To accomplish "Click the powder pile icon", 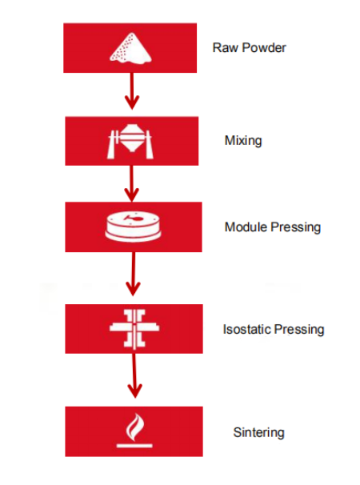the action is pos(131,49).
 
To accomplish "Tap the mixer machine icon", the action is pos(130,142).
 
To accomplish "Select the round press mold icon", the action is pos(133,226).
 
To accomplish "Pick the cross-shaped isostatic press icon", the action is pos(134,328).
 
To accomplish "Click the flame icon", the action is pos(134,431).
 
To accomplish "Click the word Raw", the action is pos(225,48).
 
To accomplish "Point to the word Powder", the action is pos(264,48).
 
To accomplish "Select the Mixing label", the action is pos(243,141).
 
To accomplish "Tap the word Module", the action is pos(246,226).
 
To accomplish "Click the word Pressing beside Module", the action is pos(296,227).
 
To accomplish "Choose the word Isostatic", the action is pos(247,329).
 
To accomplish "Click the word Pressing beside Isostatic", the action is pos(299,330).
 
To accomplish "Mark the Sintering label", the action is pos(259,433).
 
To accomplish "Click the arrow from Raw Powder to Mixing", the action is pos(132,91).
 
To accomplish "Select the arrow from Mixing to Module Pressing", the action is pos(132,183).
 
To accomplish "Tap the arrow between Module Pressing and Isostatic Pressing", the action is pos(133,274).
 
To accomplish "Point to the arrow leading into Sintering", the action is pos(134,375).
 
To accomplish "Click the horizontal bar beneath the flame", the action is pos(134,446).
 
